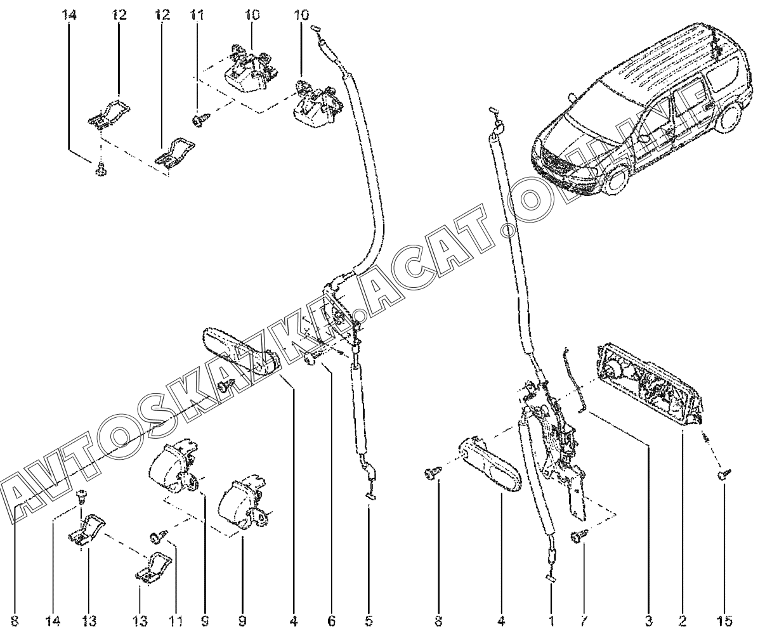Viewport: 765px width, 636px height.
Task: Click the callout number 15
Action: (724, 620)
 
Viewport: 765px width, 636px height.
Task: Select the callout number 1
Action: (551, 620)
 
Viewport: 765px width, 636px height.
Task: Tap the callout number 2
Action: (682, 620)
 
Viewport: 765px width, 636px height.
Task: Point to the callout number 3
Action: (648, 620)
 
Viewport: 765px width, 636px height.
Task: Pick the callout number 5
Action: (369, 620)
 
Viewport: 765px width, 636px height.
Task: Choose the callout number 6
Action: (331, 620)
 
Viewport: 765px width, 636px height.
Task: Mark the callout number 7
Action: (584, 620)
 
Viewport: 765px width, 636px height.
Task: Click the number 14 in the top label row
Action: (69, 15)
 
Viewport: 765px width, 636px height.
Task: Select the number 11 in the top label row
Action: (197, 15)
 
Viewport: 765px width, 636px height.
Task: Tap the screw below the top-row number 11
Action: (200, 120)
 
